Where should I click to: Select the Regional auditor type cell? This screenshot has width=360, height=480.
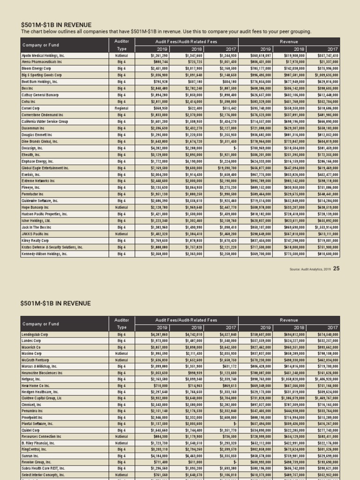pos(121,108)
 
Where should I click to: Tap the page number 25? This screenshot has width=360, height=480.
pos(336,268)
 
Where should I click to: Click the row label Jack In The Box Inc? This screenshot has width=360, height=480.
pos(37,227)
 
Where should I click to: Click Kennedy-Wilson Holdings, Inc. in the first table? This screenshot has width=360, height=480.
pos(45,254)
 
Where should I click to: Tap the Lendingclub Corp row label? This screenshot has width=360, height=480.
pos(35,335)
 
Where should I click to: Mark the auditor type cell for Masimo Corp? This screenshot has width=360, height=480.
pos(121,353)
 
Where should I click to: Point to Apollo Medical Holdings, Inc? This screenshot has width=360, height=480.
pos(43,55)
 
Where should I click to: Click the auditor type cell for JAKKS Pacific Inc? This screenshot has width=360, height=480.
pos(121,233)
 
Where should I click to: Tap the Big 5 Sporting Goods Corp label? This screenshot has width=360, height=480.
pos(42,75)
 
